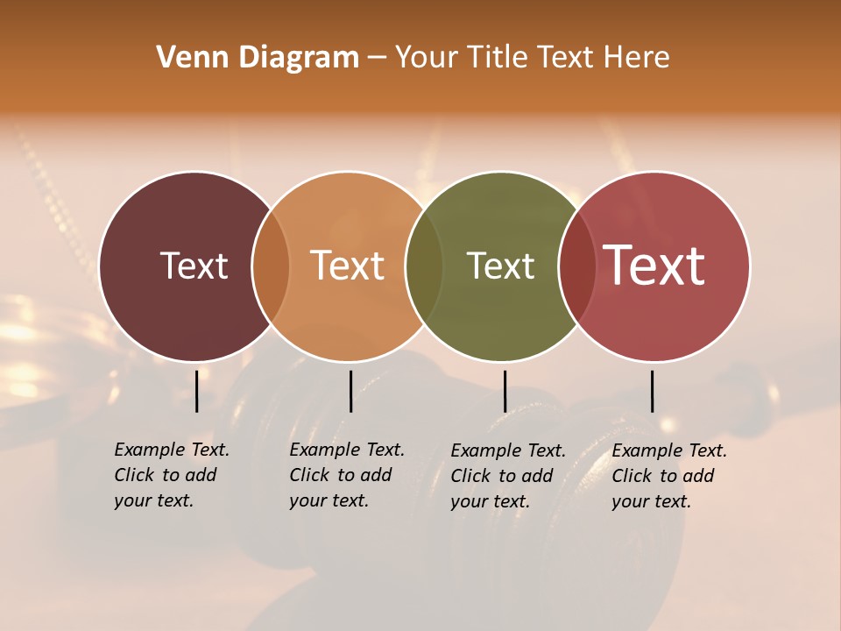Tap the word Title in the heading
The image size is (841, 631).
[x=498, y=58]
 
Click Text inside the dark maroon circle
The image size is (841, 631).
[x=194, y=266]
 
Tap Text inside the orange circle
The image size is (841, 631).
[x=348, y=266]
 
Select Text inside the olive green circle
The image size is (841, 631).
[x=501, y=266]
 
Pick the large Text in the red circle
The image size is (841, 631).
[x=654, y=265]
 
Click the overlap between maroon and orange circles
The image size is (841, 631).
[x=271, y=266]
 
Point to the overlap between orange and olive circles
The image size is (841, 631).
[x=424, y=266]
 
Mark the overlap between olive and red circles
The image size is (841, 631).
[x=576, y=266]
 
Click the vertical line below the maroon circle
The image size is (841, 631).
[x=197, y=391]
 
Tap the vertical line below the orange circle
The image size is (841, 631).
[x=350, y=391]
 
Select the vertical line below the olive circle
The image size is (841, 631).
[x=505, y=391]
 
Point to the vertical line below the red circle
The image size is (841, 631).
[x=652, y=391]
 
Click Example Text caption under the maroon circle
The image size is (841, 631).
[x=172, y=475]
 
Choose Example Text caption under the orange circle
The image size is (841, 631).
[x=347, y=475]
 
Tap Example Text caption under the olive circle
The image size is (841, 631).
[x=508, y=476]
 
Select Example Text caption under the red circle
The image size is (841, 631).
[x=669, y=476]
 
